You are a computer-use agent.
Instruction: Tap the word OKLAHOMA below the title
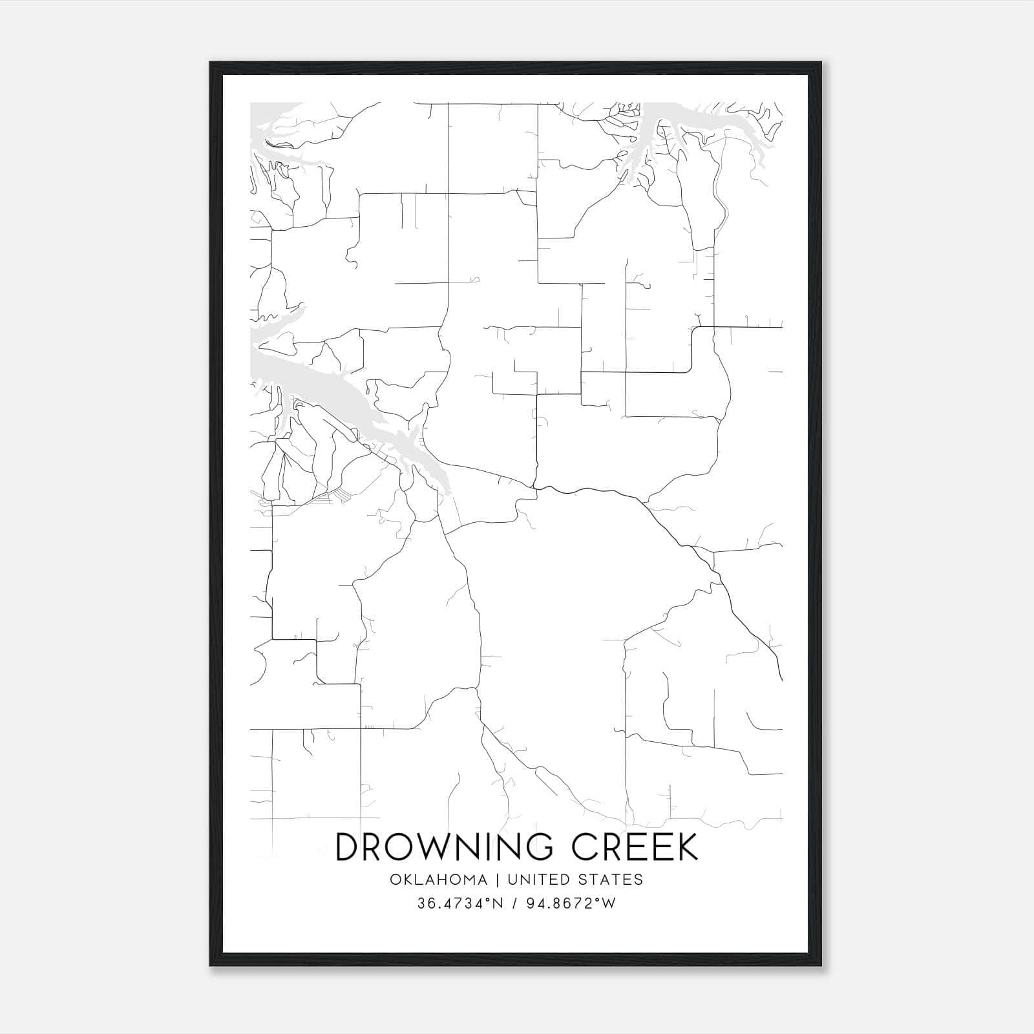click(x=438, y=880)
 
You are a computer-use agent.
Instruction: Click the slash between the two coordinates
click(x=514, y=903)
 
